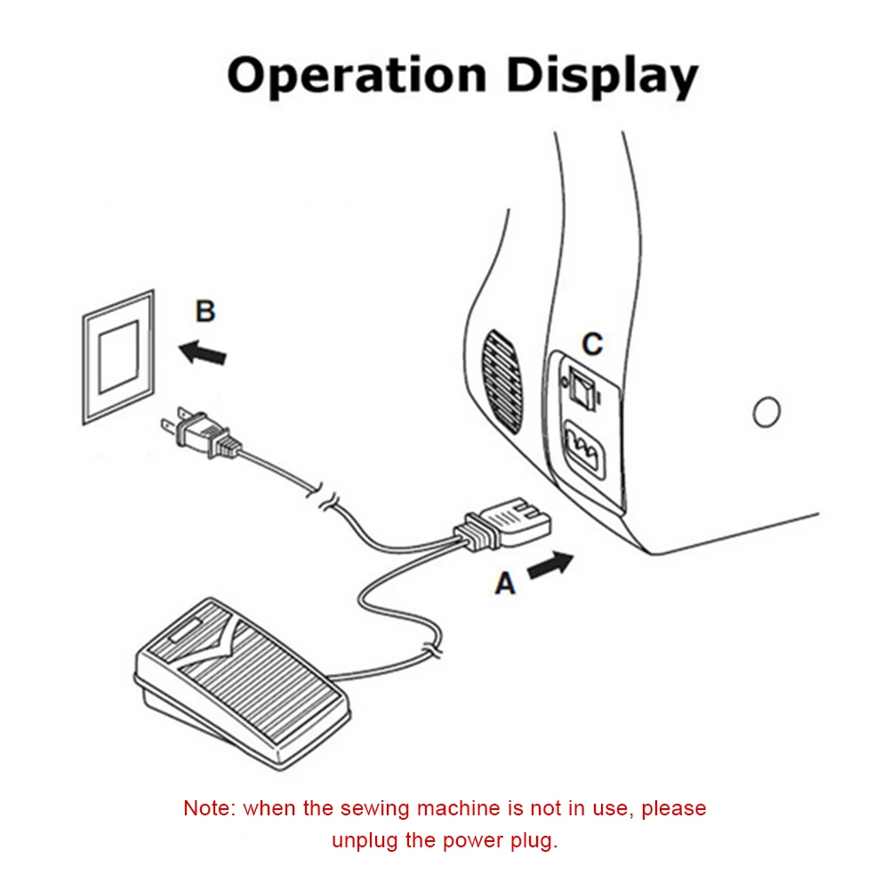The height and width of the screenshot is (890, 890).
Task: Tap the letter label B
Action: (x=205, y=312)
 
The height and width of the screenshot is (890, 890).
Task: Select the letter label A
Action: (x=505, y=584)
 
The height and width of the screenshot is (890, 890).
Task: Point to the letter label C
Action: (x=592, y=344)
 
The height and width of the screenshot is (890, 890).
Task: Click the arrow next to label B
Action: (x=203, y=353)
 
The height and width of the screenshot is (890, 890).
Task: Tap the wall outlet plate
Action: (x=118, y=356)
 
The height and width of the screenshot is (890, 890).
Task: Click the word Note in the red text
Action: (x=208, y=809)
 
